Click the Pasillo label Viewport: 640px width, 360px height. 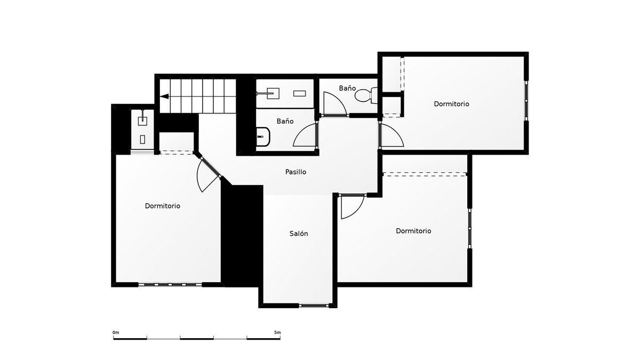click(295, 172)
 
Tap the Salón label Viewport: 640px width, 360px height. click(299, 234)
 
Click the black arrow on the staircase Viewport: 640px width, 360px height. click(164, 97)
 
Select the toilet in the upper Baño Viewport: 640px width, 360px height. click(366, 95)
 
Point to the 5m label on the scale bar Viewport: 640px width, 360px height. click(277, 333)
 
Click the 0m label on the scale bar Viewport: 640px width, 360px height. click(116, 333)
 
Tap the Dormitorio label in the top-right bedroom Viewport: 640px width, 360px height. click(451, 103)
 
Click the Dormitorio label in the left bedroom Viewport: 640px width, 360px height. click(163, 206)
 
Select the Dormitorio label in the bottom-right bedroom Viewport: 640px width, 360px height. click(413, 230)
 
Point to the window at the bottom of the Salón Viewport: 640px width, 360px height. click(314, 306)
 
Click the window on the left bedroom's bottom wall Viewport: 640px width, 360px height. click(170, 284)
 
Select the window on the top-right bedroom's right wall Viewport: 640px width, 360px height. click(526, 101)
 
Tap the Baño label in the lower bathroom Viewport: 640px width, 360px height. click(285, 121)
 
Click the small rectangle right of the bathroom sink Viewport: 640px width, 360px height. click(299, 93)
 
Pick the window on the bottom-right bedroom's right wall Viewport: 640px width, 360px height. click(469, 228)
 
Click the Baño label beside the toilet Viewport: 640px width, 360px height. click(347, 89)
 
